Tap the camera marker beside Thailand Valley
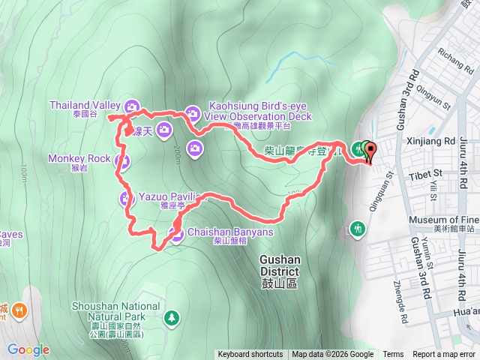click(133, 106)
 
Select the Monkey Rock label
click(79, 159)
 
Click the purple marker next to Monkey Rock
click(124, 160)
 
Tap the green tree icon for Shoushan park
click(172, 318)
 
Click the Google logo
click(28, 349)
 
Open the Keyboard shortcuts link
click(250, 355)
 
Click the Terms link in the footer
click(393, 355)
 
